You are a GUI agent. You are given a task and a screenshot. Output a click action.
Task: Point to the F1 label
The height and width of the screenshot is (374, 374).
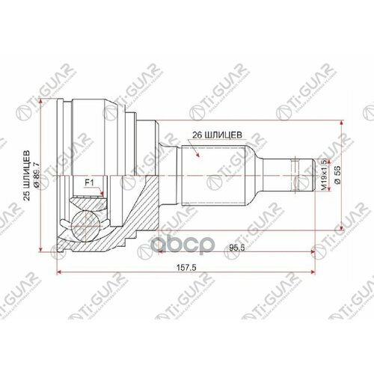click(x=88, y=180)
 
